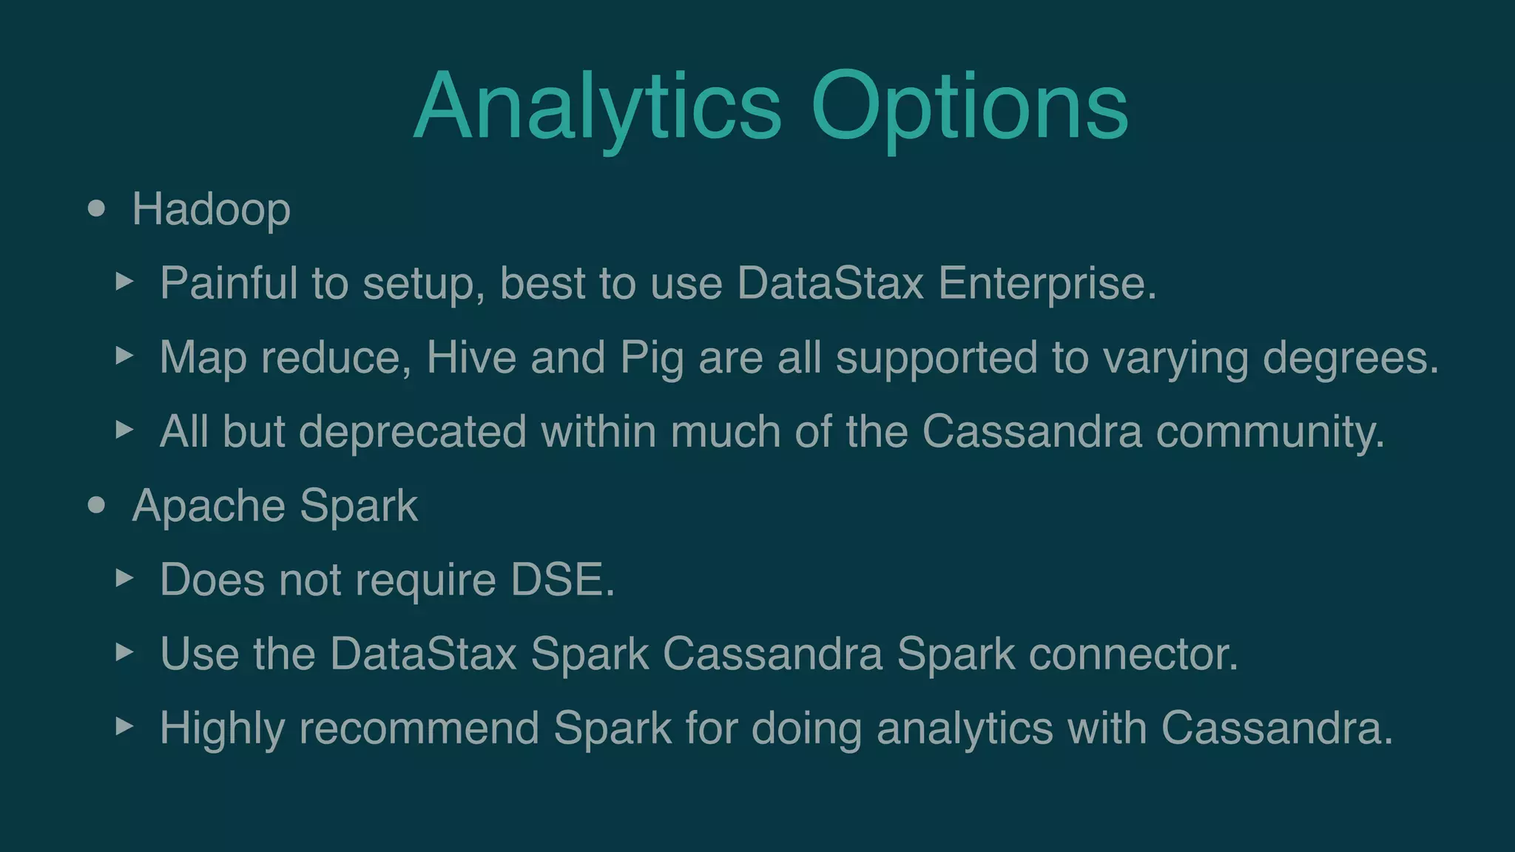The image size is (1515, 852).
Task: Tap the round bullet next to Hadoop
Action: click(x=96, y=209)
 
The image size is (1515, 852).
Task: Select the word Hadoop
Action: click(x=211, y=209)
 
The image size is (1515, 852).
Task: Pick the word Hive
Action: click(x=471, y=357)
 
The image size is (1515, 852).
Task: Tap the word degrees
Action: click(x=1351, y=358)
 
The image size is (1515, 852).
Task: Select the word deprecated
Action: click(x=413, y=431)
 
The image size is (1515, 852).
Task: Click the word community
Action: click(x=1269, y=431)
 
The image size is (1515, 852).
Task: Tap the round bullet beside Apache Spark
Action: click(x=96, y=506)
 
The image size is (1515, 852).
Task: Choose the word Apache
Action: click(x=209, y=506)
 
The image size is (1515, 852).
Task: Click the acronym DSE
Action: click(x=562, y=579)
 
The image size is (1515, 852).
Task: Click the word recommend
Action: click(x=419, y=728)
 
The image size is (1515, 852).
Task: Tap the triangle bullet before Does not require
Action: click(x=124, y=578)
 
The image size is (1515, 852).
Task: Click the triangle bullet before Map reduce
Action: click(x=124, y=356)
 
